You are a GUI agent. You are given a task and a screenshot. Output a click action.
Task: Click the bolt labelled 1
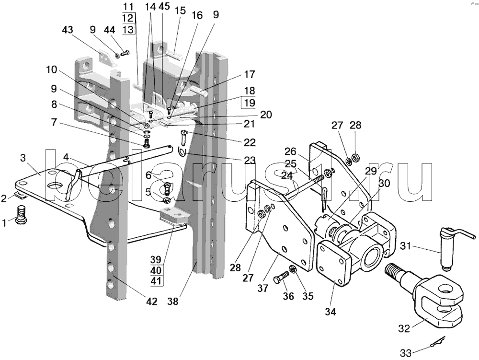pos(21,215)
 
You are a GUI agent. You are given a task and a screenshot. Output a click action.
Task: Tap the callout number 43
pos(68,30)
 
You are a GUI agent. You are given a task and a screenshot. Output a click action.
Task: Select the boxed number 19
pos(250,103)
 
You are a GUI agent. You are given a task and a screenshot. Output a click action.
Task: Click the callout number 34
pos(330,312)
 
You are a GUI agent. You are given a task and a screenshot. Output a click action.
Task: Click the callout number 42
pos(151,302)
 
